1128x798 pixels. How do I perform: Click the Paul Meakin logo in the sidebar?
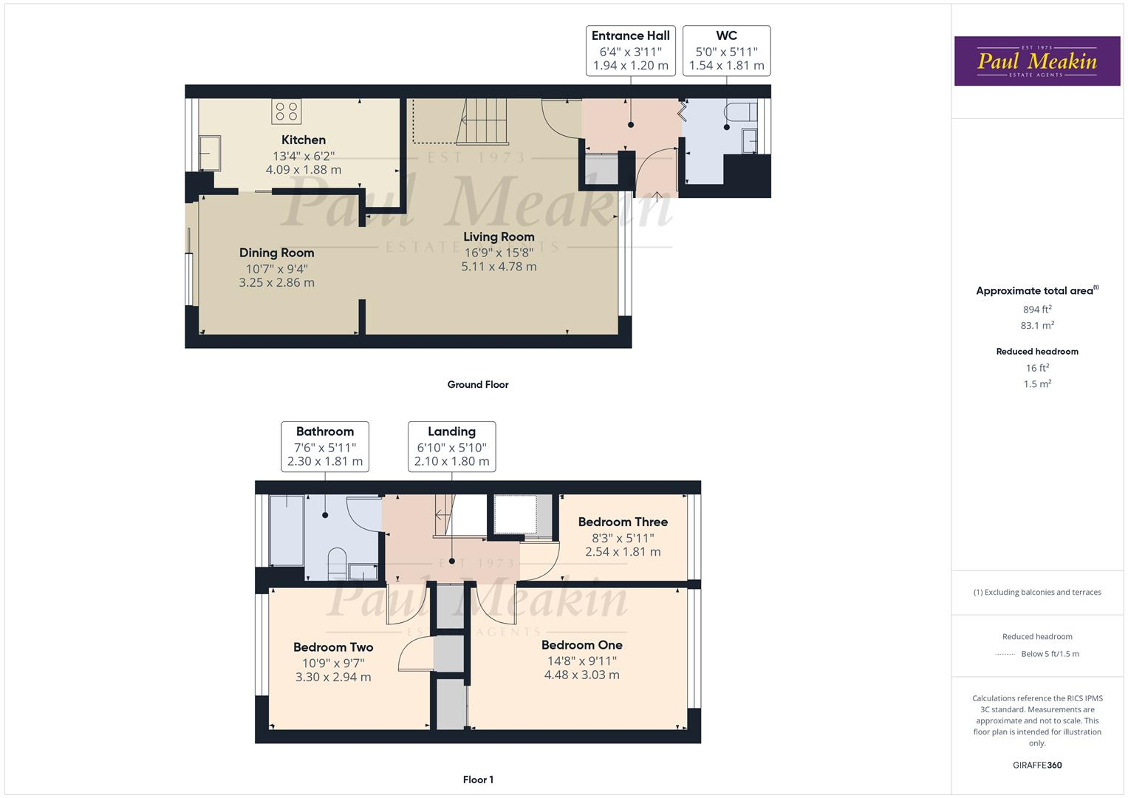pyautogui.click(x=1036, y=61)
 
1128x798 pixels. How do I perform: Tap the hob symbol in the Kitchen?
pyautogui.click(x=286, y=112)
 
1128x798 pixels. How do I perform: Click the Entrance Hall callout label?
pyautogui.click(x=630, y=50)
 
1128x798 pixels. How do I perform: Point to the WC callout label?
pyautogui.click(x=726, y=50)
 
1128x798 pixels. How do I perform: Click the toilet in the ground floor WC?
pyautogui.click(x=740, y=112)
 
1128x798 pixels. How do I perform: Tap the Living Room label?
pyautogui.click(x=499, y=236)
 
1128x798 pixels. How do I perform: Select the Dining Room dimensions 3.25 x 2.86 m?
pyautogui.click(x=276, y=282)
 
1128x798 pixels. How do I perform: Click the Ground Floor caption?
pyautogui.click(x=477, y=384)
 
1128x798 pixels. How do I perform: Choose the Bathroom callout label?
pyautogui.click(x=325, y=446)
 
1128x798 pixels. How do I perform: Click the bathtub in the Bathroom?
pyautogui.click(x=287, y=530)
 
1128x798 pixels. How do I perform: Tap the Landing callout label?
pyautogui.click(x=451, y=446)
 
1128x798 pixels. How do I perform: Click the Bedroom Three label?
pyautogui.click(x=623, y=522)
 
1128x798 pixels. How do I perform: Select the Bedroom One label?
pyautogui.click(x=581, y=645)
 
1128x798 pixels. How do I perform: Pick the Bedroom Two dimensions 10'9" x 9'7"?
pyautogui.click(x=333, y=663)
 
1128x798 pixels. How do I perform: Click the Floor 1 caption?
pyautogui.click(x=477, y=780)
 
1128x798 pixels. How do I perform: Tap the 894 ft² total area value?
pyautogui.click(x=1036, y=310)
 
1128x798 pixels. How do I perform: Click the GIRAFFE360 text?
pyautogui.click(x=1036, y=765)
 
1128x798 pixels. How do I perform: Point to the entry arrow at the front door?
pyautogui.click(x=657, y=196)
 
